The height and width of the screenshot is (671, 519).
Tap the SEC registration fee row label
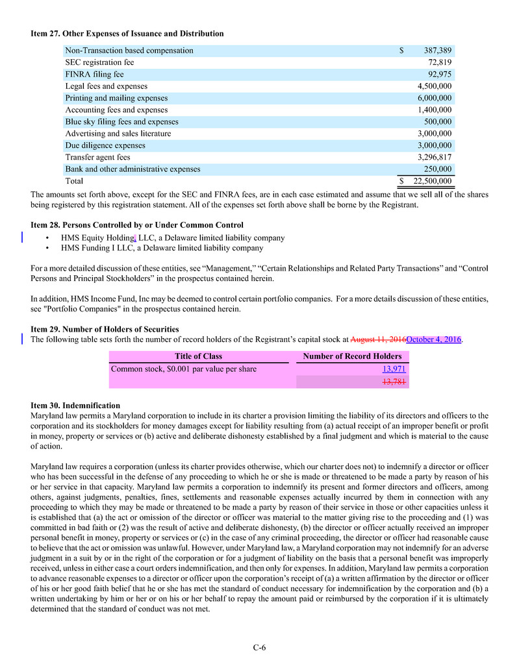coord(99,62)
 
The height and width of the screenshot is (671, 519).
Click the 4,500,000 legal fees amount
coord(435,86)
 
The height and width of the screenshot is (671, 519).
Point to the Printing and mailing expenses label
coord(116,98)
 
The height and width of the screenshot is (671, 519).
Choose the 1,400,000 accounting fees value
coord(435,110)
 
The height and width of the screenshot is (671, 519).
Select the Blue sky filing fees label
coord(121,122)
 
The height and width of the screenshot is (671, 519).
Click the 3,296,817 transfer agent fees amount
coord(435,158)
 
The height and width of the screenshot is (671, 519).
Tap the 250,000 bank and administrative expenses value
coord(438,169)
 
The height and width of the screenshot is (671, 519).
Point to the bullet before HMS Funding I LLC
coord(48,249)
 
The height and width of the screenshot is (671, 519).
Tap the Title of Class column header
coord(198,356)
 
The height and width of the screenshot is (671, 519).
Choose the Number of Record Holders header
coord(352,356)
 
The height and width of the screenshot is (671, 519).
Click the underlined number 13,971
coord(394,369)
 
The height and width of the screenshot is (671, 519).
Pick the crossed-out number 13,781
coord(394,382)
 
